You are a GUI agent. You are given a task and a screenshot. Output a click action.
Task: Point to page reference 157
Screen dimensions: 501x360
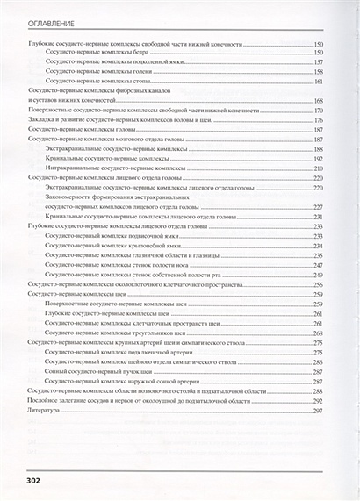[x=319, y=61]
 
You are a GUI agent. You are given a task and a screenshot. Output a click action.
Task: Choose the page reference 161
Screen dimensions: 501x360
[x=319, y=81]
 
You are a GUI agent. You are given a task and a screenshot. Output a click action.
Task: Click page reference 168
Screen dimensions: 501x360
[x=319, y=101]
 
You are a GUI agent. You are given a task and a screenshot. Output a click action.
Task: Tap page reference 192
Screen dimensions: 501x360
[x=319, y=159]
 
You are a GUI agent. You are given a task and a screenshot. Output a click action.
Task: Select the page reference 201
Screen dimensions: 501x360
[x=319, y=168]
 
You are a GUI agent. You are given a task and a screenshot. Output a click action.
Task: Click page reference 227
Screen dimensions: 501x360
[x=319, y=207]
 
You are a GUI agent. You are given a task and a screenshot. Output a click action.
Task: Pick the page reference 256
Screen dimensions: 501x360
[x=319, y=284]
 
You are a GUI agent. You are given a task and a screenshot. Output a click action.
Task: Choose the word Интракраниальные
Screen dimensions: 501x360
[x=76, y=168]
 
